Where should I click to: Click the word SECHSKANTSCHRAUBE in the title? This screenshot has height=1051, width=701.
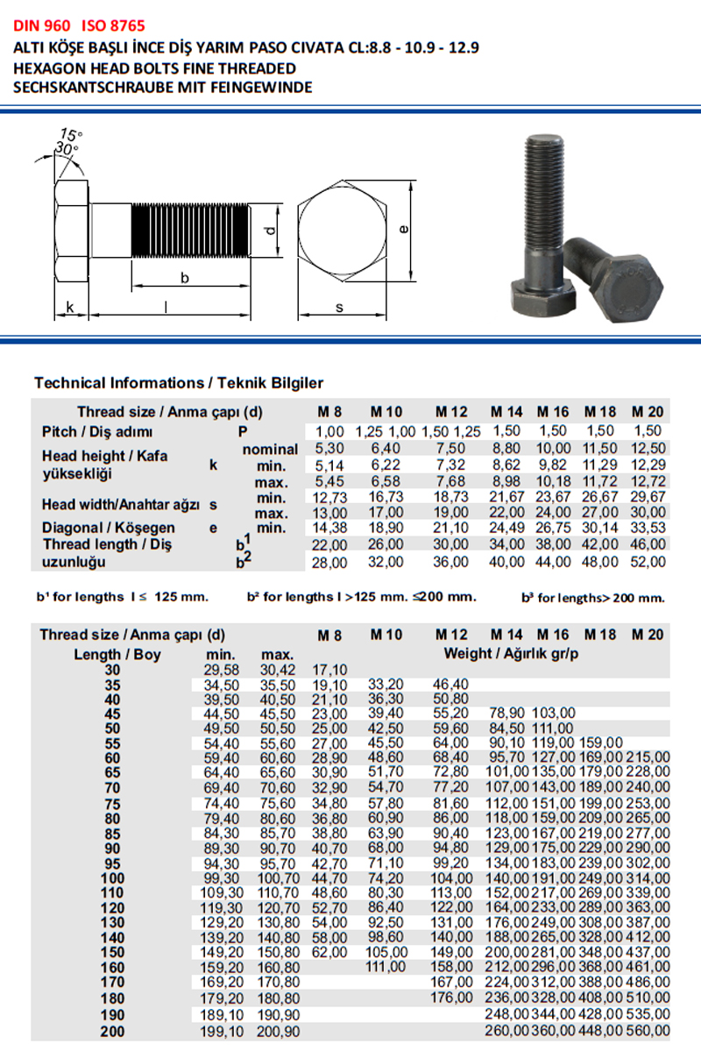coord(74,87)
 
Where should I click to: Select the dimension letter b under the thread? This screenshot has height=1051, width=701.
coord(185,277)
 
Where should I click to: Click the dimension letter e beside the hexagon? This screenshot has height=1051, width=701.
coord(402,230)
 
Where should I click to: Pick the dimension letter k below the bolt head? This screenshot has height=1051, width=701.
coord(70,307)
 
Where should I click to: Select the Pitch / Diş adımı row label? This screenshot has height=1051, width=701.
coord(97,432)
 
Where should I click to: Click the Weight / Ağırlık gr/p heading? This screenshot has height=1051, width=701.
coord(514,653)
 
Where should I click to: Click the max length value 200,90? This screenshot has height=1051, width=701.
coord(280,1031)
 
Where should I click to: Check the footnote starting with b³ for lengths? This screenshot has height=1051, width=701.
coord(592,598)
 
